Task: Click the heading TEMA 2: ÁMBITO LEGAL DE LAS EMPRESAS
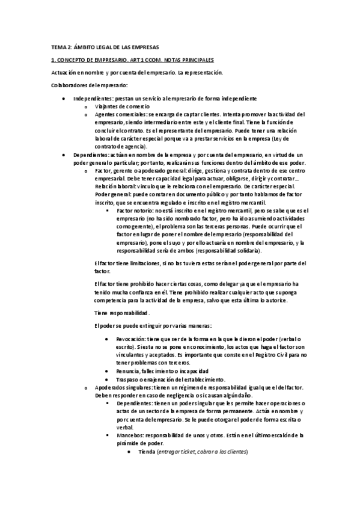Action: pos(105,47)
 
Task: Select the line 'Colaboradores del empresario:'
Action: pos(89,85)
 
